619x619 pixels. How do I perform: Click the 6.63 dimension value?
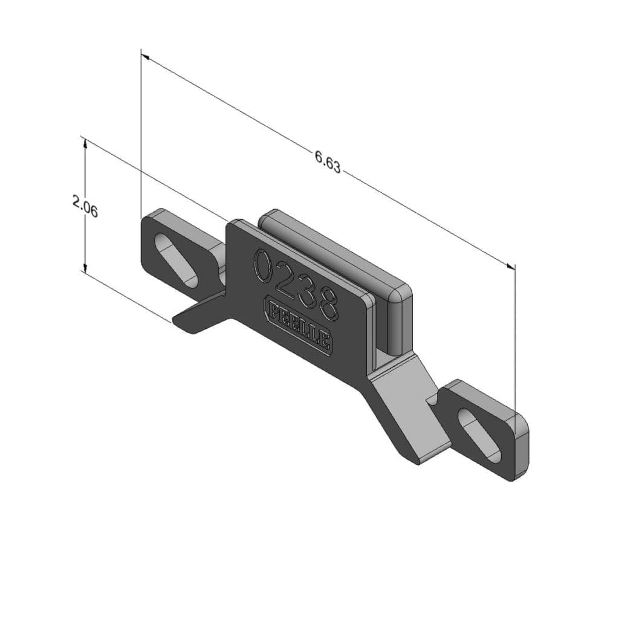(328, 163)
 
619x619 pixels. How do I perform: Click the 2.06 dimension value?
(85, 206)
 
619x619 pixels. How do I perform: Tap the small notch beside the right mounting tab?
(432, 400)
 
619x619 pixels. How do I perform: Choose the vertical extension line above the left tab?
(141, 133)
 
